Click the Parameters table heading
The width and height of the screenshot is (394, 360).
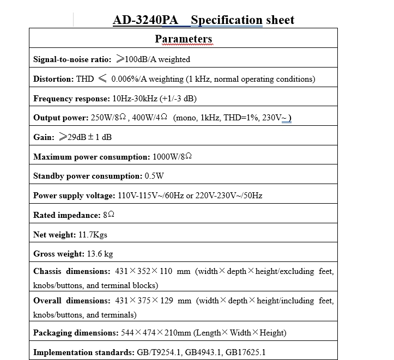coord(183,39)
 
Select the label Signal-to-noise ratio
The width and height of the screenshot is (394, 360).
coord(71,59)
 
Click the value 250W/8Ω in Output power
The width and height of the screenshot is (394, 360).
coord(108,118)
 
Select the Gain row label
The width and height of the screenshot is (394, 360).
coord(43,137)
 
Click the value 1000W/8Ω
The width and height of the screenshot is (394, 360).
coord(172,157)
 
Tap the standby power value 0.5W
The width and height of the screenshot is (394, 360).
coord(154,176)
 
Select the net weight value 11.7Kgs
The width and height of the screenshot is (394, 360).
coord(95,235)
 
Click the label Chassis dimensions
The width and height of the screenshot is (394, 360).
coord(71,271)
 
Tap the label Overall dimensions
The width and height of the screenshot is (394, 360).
coord(71,301)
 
